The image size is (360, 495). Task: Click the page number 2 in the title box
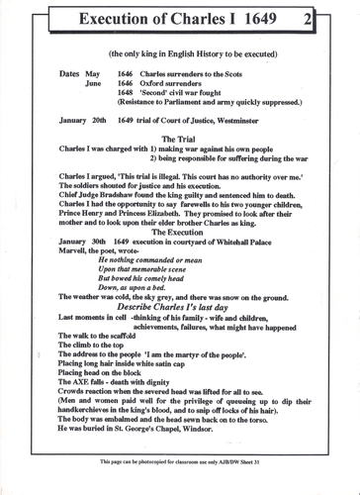tap(336, 19)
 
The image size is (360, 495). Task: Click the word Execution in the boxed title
tap(108, 19)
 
